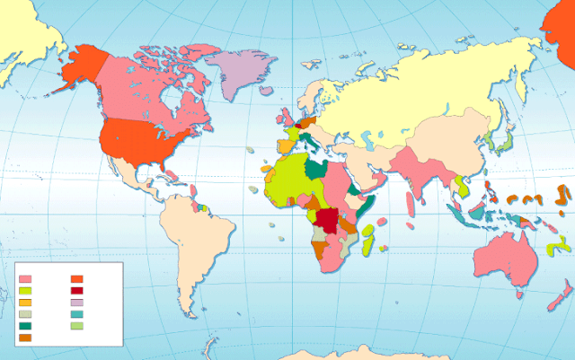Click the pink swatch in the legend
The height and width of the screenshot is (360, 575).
[25, 278]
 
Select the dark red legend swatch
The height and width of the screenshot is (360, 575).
[76, 290]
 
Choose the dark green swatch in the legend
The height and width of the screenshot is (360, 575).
[25, 325]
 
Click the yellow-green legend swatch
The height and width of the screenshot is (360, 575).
[25, 290]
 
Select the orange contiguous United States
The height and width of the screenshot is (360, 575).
[144, 144]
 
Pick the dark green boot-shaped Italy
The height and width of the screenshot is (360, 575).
[308, 141]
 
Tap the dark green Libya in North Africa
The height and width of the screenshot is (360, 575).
[316, 169]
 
